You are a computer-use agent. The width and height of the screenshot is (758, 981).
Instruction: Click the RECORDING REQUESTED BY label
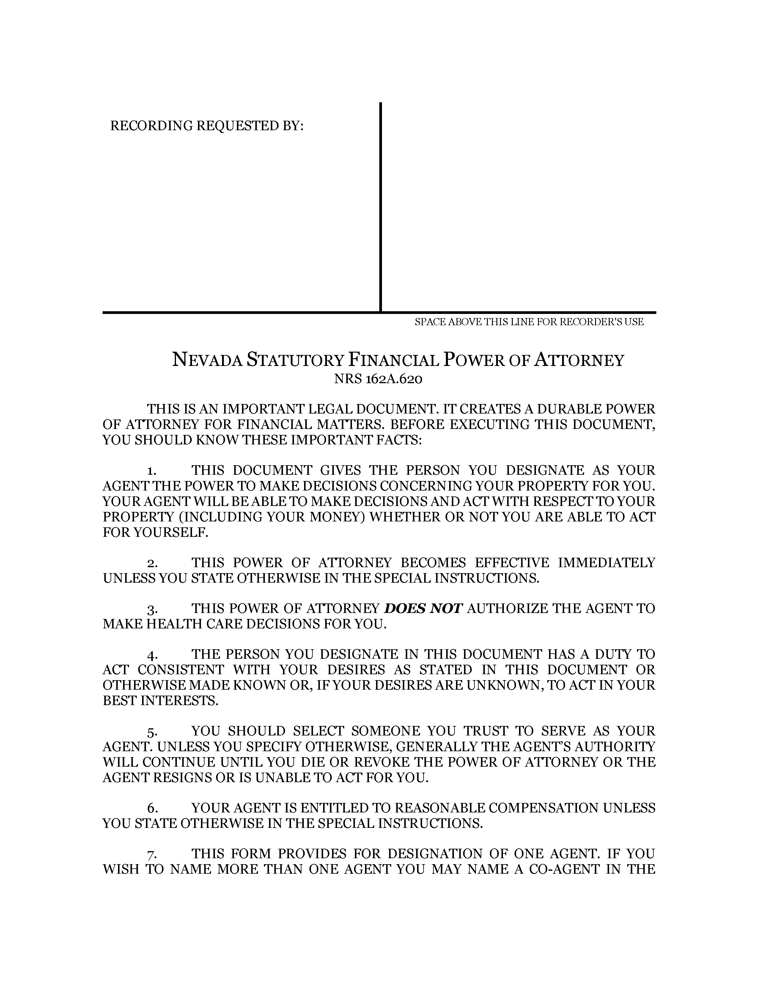[x=207, y=126]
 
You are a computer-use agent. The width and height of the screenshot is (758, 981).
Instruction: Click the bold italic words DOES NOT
[x=424, y=609]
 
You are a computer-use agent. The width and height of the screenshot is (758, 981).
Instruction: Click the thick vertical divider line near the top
[x=380, y=207]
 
